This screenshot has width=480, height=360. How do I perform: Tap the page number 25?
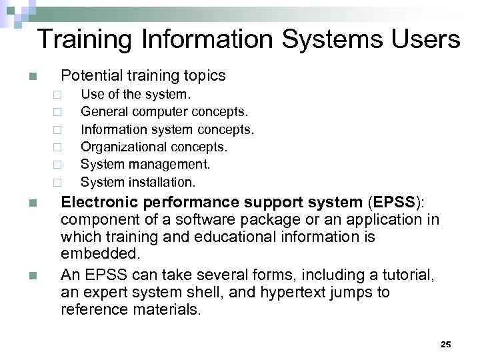[x=446, y=344]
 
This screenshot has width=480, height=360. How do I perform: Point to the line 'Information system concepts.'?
[x=167, y=128]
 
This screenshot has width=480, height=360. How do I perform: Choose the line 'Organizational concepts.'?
[x=154, y=146]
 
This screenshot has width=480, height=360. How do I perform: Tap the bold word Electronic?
[x=101, y=203]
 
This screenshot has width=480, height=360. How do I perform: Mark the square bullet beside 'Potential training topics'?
[x=33, y=77]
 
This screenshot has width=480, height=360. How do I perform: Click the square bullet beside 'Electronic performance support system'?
[x=33, y=203]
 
